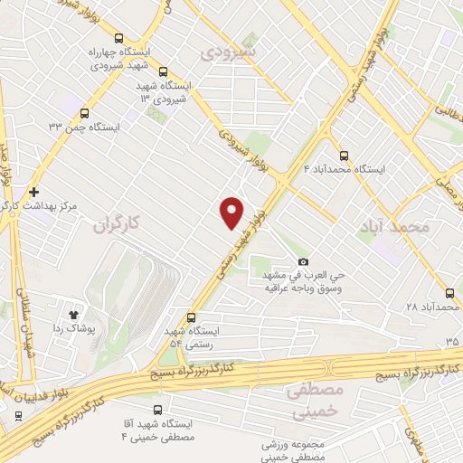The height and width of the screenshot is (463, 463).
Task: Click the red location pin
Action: (x=232, y=211)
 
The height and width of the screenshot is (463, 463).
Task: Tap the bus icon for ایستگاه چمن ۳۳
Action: (x=85, y=114)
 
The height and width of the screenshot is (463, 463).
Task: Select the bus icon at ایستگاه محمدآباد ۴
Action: (x=343, y=155)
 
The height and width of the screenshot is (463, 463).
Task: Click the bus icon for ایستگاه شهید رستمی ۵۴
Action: (x=191, y=317)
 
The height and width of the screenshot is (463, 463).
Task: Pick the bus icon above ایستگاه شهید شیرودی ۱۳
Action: (x=163, y=72)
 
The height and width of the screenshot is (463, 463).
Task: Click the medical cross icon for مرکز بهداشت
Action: (x=33, y=192)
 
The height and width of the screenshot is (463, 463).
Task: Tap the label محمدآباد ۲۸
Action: (x=435, y=307)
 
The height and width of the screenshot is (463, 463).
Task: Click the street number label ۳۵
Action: (x=451, y=340)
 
